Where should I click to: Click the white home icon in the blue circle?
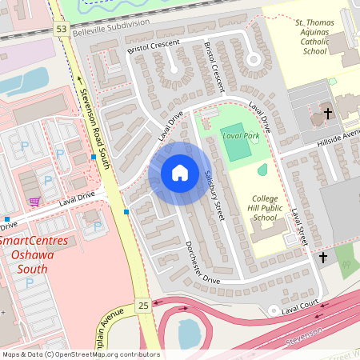(179, 173)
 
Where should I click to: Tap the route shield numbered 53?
(61, 29)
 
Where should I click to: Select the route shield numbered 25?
(143, 306)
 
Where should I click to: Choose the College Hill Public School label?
(264, 207)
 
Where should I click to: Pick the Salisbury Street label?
(212, 192)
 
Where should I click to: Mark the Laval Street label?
(298, 227)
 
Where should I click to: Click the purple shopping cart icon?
(34, 201)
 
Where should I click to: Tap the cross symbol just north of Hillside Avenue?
(328, 115)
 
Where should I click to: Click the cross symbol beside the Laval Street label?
(323, 257)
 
